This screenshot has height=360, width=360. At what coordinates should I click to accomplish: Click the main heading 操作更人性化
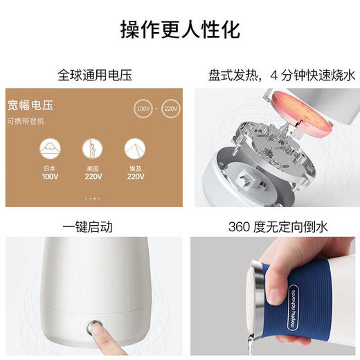click(180, 30)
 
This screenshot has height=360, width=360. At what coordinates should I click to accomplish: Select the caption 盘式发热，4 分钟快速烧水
click(269, 73)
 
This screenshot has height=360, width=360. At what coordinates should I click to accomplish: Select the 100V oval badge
click(143, 109)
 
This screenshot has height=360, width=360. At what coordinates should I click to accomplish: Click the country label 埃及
click(135, 168)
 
